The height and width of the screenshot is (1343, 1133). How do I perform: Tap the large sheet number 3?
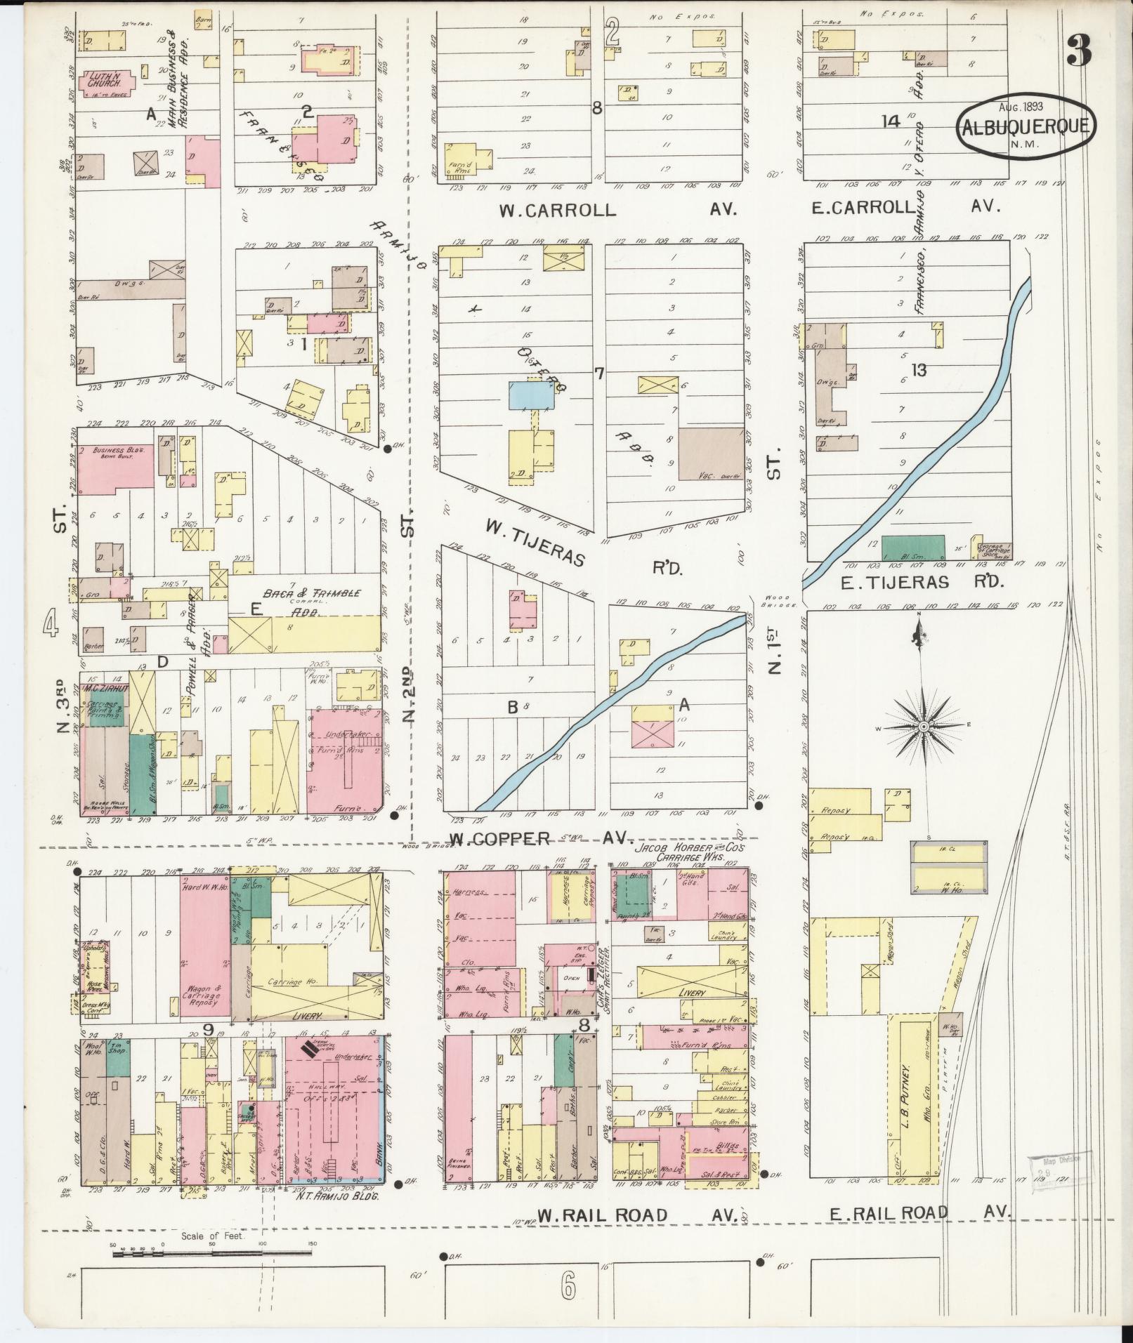point(1079,51)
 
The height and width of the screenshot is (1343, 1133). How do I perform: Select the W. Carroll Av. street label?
point(558,210)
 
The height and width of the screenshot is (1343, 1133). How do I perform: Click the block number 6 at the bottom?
point(568,1288)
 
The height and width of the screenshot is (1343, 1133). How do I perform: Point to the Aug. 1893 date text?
point(1021,107)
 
